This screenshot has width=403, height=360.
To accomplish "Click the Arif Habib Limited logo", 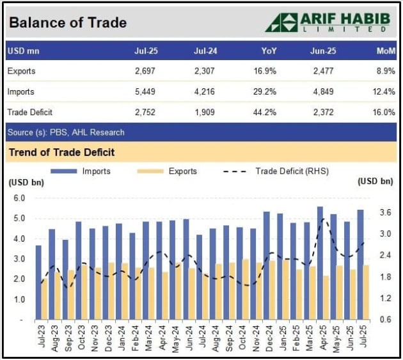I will (x=330, y=22).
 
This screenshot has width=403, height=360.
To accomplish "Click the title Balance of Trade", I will (x=67, y=23).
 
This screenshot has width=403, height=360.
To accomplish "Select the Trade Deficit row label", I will (x=29, y=112).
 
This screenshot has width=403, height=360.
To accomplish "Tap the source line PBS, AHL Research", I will (x=66, y=132).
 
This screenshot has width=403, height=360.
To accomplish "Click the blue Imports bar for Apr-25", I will (x=320, y=262).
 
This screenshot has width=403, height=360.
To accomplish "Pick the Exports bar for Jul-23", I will (x=44, y=299).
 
